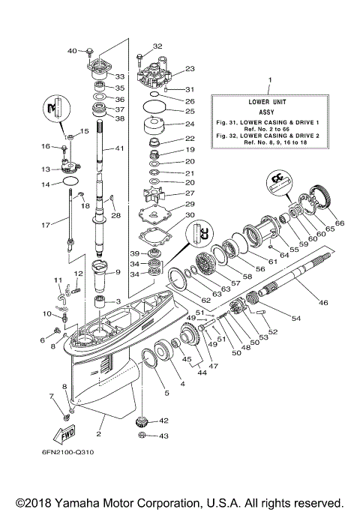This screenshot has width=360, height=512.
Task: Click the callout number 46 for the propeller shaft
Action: tap(323, 303)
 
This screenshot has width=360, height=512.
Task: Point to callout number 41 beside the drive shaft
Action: tap(118, 149)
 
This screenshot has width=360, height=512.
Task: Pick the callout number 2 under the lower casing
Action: tap(100, 434)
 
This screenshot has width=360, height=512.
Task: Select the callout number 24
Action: tap(189, 124)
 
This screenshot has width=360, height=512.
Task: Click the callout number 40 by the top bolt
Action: tap(73, 51)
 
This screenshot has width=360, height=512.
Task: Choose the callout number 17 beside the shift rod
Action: tap(46, 223)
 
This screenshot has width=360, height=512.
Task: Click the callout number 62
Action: tap(205, 300)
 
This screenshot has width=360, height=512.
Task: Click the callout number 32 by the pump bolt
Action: tap(157, 46)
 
